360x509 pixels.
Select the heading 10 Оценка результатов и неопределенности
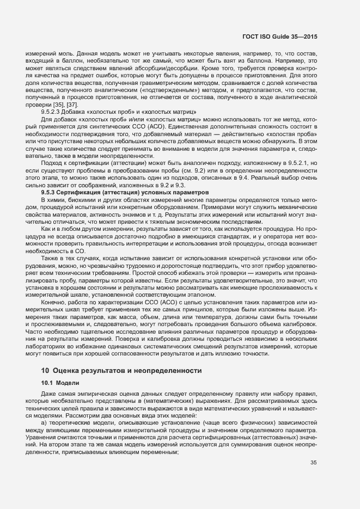[x=122, y=371]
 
